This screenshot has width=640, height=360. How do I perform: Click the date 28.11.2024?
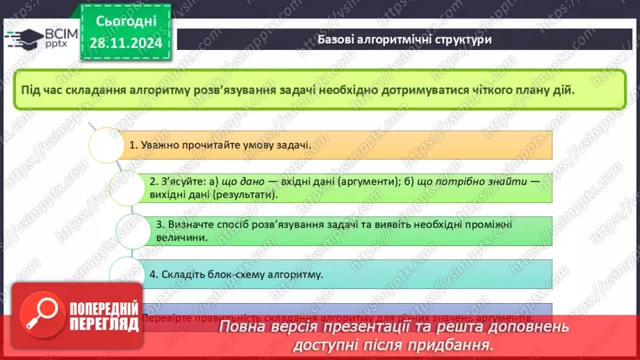tap(126, 44)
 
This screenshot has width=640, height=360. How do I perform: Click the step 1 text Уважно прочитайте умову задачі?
tap(221, 146)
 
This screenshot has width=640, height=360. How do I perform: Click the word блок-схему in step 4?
tap(225, 275)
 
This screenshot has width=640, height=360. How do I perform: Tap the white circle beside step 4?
tap(127, 273)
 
